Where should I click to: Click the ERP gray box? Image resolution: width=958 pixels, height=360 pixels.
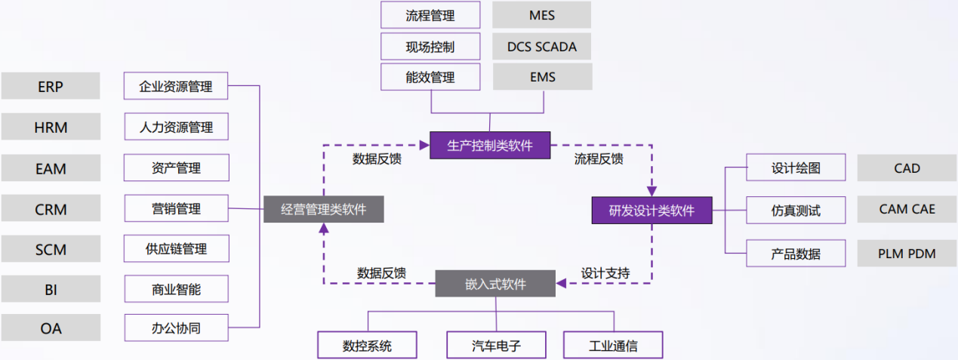coord(51,86)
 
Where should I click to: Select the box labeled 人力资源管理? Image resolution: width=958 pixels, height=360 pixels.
coord(176,127)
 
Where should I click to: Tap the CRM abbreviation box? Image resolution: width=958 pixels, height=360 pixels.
coord(51,209)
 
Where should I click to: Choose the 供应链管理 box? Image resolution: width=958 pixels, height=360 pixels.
coord(176,248)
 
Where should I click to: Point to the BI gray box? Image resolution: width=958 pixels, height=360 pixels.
coord(51,289)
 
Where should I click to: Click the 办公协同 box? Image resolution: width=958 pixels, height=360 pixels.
coord(176,328)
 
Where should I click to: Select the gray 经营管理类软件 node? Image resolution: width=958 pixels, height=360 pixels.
coord(323,209)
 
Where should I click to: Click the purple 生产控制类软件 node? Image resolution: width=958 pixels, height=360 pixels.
coord(490,146)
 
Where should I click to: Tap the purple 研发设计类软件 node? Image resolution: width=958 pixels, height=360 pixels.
coord(652,210)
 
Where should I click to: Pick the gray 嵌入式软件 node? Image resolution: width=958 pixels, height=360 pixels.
coord(495,284)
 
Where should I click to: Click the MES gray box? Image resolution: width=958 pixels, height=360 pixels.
coord(542,15)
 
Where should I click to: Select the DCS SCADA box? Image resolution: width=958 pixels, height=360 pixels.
coord(542,46)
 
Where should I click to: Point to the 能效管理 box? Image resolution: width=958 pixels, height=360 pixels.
coord(430,77)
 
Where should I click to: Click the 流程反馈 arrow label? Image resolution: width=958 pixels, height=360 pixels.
coord(599,159)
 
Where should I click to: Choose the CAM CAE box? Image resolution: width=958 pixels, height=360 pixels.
coord(907,209)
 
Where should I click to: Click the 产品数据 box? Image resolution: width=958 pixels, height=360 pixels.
coord(796,254)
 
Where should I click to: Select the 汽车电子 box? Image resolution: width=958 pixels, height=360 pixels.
coord(496,346)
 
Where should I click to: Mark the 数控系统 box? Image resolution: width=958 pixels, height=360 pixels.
coord(367,346)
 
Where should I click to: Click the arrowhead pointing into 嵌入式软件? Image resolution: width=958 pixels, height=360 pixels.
coord(561,284)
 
